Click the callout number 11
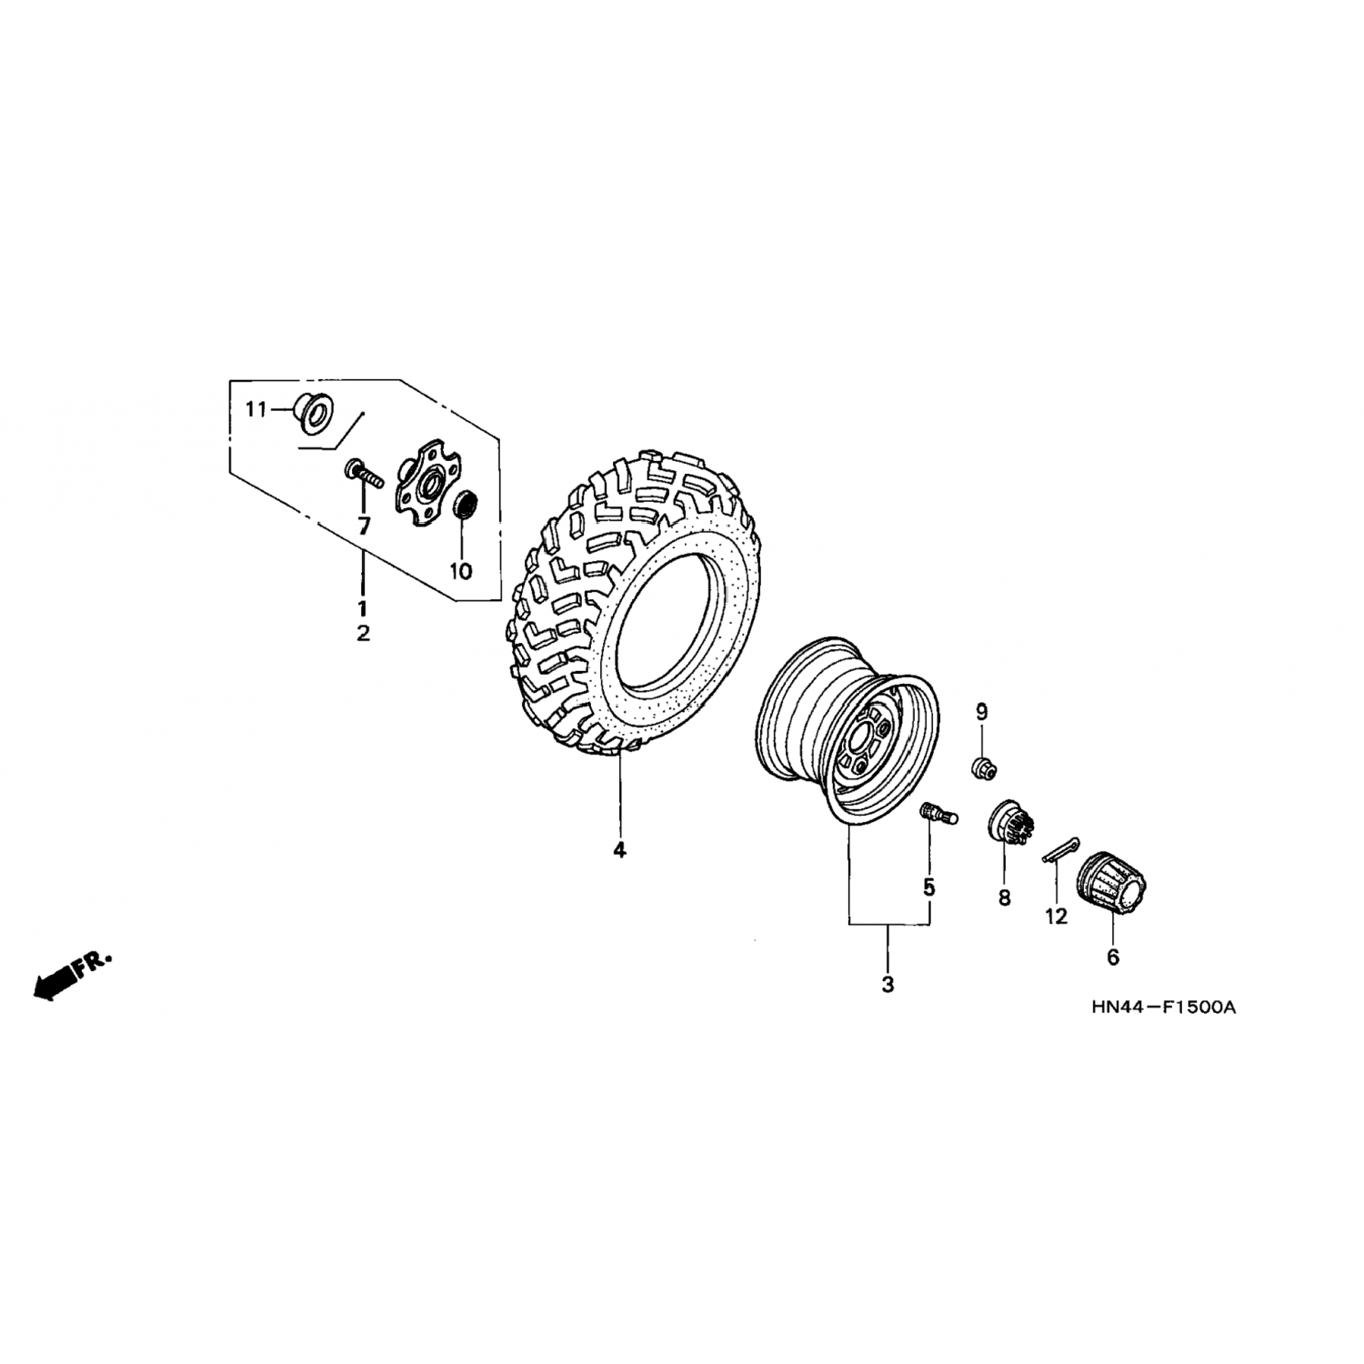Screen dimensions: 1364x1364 tap(256, 410)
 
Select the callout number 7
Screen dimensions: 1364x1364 tap(364, 525)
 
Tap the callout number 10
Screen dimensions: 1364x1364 tap(461, 571)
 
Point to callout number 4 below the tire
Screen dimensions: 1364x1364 tap(619, 850)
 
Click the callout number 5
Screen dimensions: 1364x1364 tap(928, 887)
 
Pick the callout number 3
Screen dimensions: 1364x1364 tap(888, 984)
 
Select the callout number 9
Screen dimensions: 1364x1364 tap(982, 712)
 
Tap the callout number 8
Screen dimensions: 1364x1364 tap(1004, 898)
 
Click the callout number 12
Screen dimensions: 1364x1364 tap(1056, 917)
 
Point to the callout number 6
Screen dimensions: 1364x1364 tap(1113, 957)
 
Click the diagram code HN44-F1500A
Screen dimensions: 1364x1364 tap(1165, 1008)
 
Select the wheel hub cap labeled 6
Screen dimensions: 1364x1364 tap(1113, 882)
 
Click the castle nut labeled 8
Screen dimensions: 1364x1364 tap(1008, 823)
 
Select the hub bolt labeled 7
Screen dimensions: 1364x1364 tap(362, 474)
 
